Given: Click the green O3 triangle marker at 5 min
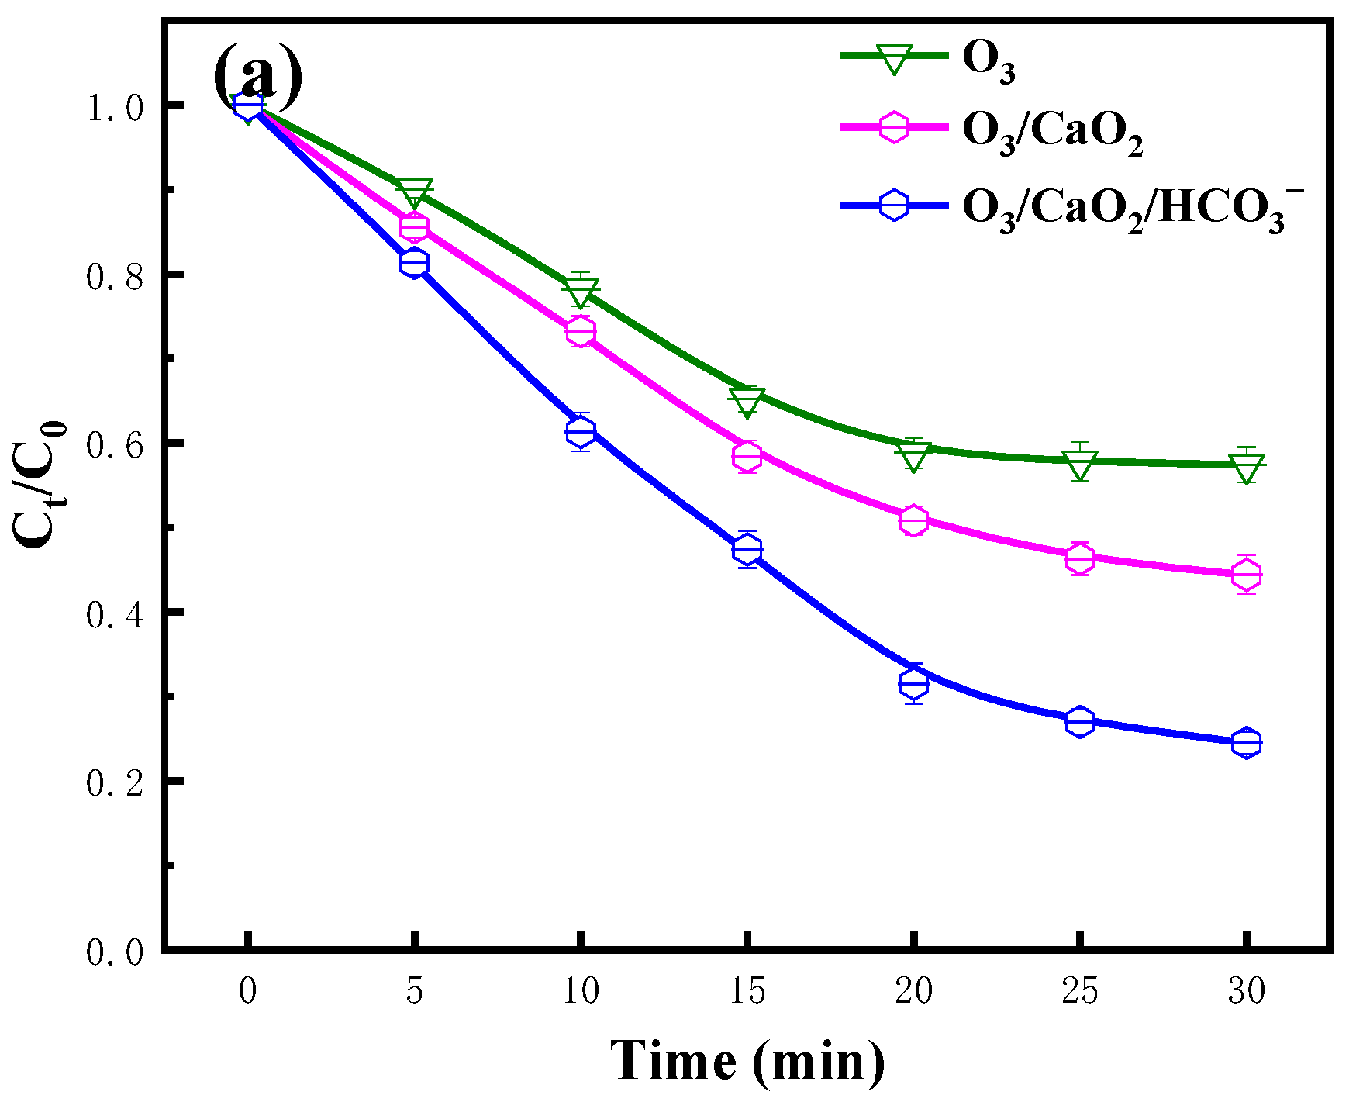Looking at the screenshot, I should [414, 194].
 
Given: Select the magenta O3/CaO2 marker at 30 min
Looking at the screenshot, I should [1246, 575].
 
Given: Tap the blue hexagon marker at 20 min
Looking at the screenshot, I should [914, 683].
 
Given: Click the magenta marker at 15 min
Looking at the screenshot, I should [747, 456].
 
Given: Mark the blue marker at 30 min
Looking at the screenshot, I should [1246, 743].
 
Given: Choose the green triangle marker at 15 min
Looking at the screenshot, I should [747, 401].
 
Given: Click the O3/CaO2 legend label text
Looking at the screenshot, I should [1052, 133].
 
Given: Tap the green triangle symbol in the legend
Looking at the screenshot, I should [893, 59].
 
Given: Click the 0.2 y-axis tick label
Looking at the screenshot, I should [115, 782].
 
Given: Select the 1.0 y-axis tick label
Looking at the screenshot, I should [115, 105].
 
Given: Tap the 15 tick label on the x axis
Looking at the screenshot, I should [747, 990].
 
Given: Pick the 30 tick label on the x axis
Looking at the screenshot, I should [1246, 990].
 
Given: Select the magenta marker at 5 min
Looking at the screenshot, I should [414, 227].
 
